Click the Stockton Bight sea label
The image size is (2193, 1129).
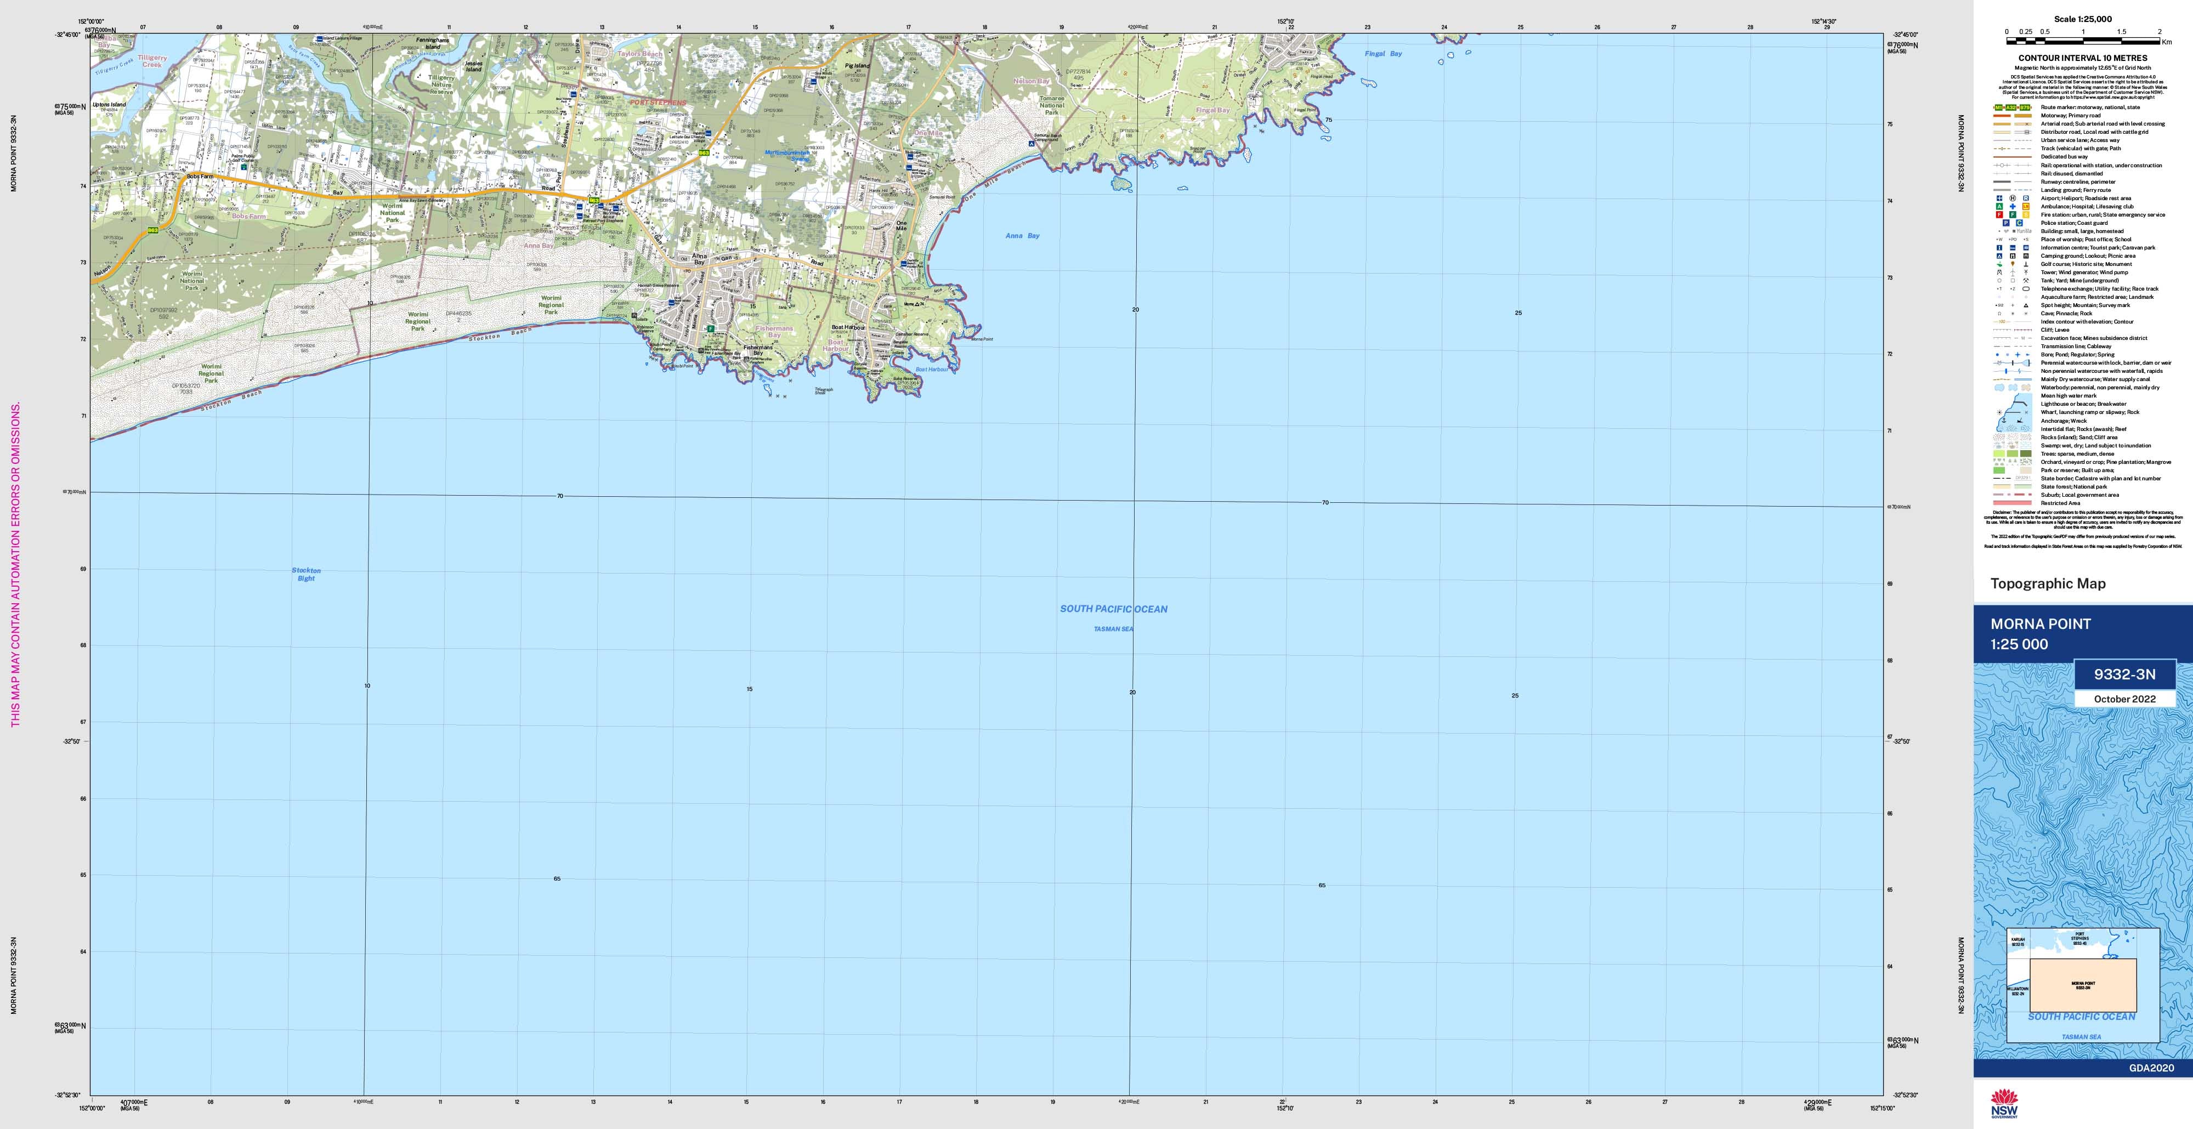point(305,575)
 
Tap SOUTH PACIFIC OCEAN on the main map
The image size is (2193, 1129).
point(1114,609)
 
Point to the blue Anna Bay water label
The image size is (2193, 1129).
point(1022,236)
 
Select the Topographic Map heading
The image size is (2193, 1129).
point(2048,583)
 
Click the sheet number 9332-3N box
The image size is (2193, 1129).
point(2125,674)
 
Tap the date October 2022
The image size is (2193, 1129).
point(2125,699)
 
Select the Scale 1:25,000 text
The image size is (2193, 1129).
point(2082,19)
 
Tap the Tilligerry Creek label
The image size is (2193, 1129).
point(152,61)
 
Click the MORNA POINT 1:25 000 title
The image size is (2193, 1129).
point(2040,633)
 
